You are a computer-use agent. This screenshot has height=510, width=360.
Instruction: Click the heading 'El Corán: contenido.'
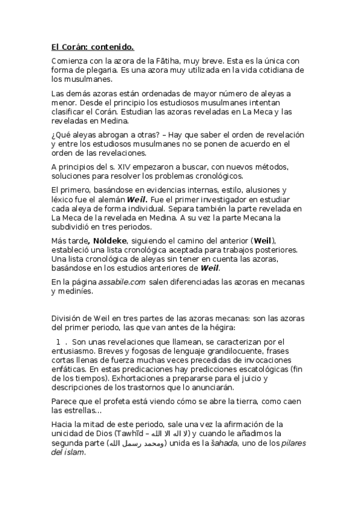pos(93,46)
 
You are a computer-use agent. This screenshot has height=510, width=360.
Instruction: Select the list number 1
pos(58,342)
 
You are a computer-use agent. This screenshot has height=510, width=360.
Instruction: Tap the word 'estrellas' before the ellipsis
pos(70,411)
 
